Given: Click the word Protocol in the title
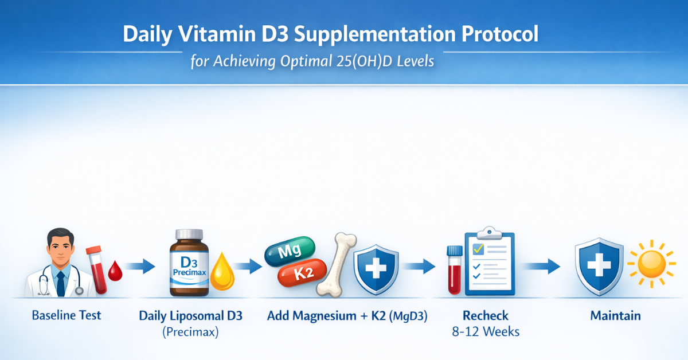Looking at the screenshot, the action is click(500, 34).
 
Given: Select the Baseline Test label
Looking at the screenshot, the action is click(67, 315).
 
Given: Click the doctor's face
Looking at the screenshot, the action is click(61, 247).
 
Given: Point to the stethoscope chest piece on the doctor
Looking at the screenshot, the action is click(79, 291).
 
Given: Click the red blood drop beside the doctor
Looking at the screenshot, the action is click(115, 271).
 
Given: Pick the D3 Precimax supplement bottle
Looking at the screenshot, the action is click(189, 263).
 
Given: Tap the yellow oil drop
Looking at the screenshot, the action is click(222, 272).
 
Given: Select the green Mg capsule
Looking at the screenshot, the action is click(290, 251).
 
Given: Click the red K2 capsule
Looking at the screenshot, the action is click(302, 273).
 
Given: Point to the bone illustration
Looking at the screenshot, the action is click(337, 265).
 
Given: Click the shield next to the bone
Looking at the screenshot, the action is click(376, 269).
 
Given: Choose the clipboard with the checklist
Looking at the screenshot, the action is click(490, 261).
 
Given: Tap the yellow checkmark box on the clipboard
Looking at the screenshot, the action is click(478, 249).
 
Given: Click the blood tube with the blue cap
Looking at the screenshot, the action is click(455, 269).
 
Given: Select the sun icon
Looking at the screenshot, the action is click(651, 264).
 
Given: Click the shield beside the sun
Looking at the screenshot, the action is click(599, 267).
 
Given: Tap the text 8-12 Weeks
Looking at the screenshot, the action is click(486, 332).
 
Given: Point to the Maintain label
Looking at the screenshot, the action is click(616, 316).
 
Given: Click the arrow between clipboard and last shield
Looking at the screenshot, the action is click(542, 266).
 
